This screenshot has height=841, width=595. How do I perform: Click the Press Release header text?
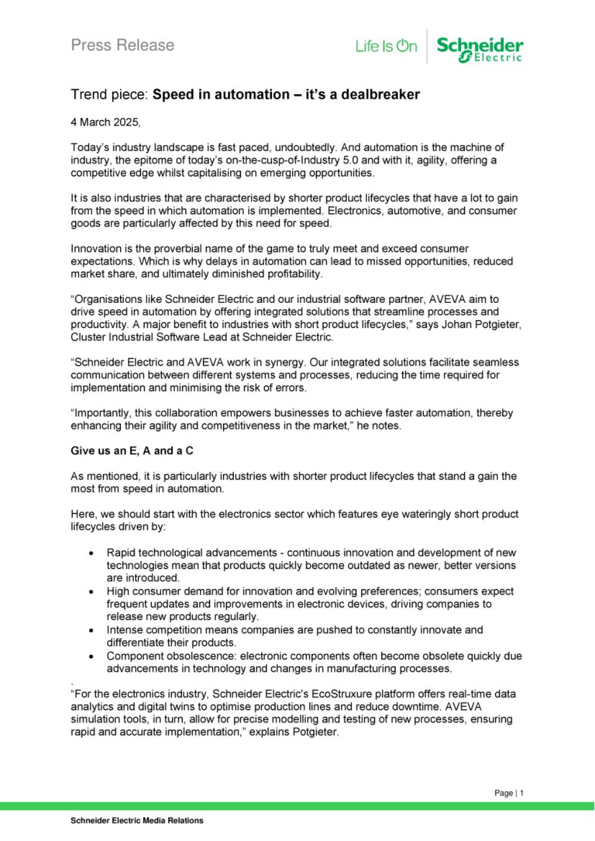(x=123, y=45)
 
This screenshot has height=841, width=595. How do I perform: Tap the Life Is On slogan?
(x=386, y=46)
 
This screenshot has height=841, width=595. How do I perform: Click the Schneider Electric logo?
(x=480, y=49)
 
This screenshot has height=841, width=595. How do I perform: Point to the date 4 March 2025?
(x=105, y=122)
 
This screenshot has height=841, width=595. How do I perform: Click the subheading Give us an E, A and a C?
(x=132, y=451)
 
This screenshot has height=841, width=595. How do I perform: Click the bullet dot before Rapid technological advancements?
(x=90, y=554)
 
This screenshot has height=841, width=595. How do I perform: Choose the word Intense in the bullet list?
(x=124, y=630)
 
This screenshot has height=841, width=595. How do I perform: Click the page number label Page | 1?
(x=509, y=793)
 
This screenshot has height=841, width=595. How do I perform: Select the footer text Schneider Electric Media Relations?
(x=137, y=821)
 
